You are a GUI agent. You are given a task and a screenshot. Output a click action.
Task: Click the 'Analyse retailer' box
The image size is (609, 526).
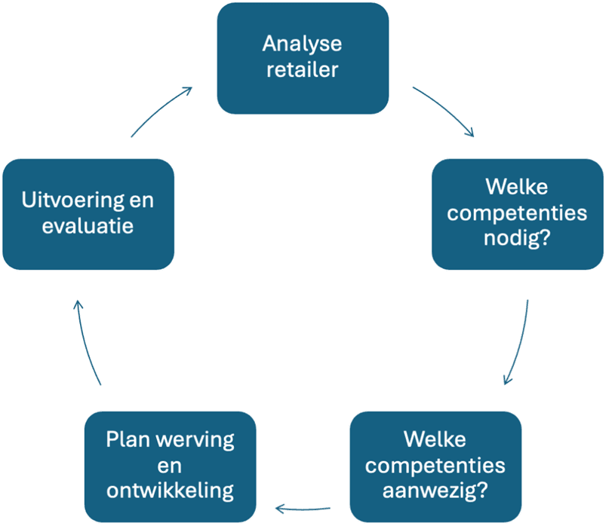(x=303, y=57)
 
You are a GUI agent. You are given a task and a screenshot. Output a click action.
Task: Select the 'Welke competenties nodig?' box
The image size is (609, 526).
(x=517, y=213)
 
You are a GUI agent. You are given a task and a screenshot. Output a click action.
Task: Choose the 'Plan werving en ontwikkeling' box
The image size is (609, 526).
(x=170, y=465)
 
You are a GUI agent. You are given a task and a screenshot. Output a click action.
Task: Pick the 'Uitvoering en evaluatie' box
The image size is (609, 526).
(x=88, y=213)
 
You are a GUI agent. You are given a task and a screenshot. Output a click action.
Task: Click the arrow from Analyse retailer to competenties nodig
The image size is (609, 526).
(x=446, y=112)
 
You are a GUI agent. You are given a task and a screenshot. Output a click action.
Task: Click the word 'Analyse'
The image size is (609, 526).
(x=302, y=44)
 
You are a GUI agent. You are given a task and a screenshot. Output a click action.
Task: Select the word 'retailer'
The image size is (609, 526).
(x=302, y=70)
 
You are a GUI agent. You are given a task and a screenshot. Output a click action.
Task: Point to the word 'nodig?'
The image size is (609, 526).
(x=517, y=240)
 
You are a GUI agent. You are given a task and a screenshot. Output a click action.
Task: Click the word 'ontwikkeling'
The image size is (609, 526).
(x=170, y=491)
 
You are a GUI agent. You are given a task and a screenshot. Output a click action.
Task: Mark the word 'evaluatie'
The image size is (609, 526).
(x=88, y=226)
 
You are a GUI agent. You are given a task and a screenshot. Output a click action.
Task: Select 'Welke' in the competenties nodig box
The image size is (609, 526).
(x=517, y=186)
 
